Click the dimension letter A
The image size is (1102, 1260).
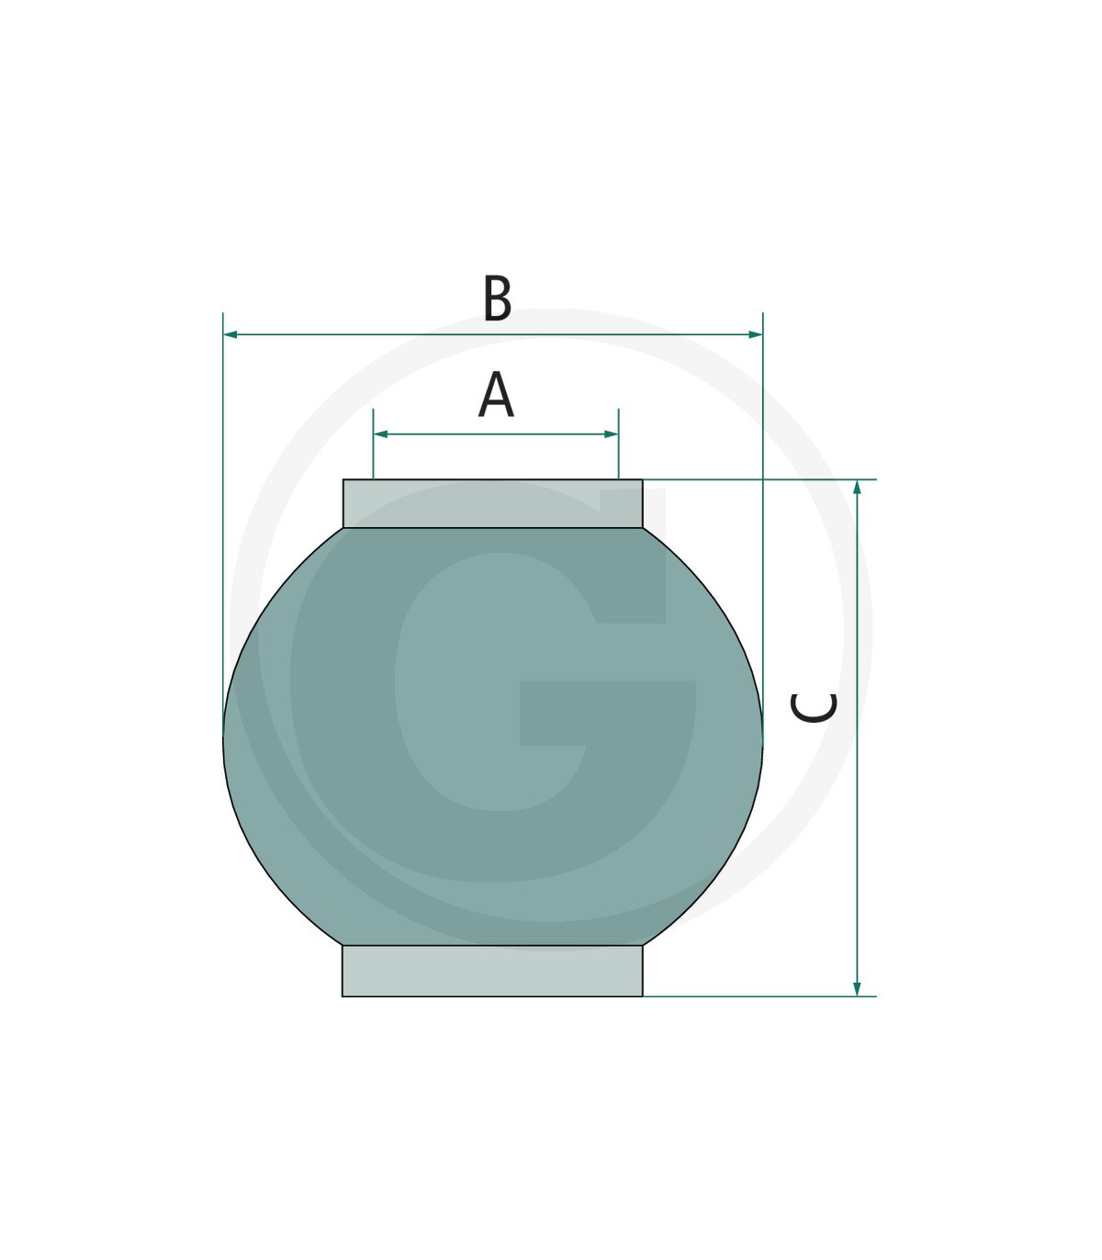pyautogui.click(x=496, y=394)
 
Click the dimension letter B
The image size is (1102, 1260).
pyautogui.click(x=498, y=298)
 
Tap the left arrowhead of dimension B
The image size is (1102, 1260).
pyautogui.click(x=231, y=334)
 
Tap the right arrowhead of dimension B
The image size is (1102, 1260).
pyautogui.click(x=756, y=334)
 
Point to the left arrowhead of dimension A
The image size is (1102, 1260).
pyautogui.click(x=381, y=434)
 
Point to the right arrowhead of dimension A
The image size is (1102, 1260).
pyautogui.click(x=611, y=434)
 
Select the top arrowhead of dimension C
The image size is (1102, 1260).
pyautogui.click(x=857, y=487)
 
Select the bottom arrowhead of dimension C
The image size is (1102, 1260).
pyautogui.click(x=857, y=988)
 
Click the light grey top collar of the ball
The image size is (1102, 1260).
pyautogui.click(x=492, y=503)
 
